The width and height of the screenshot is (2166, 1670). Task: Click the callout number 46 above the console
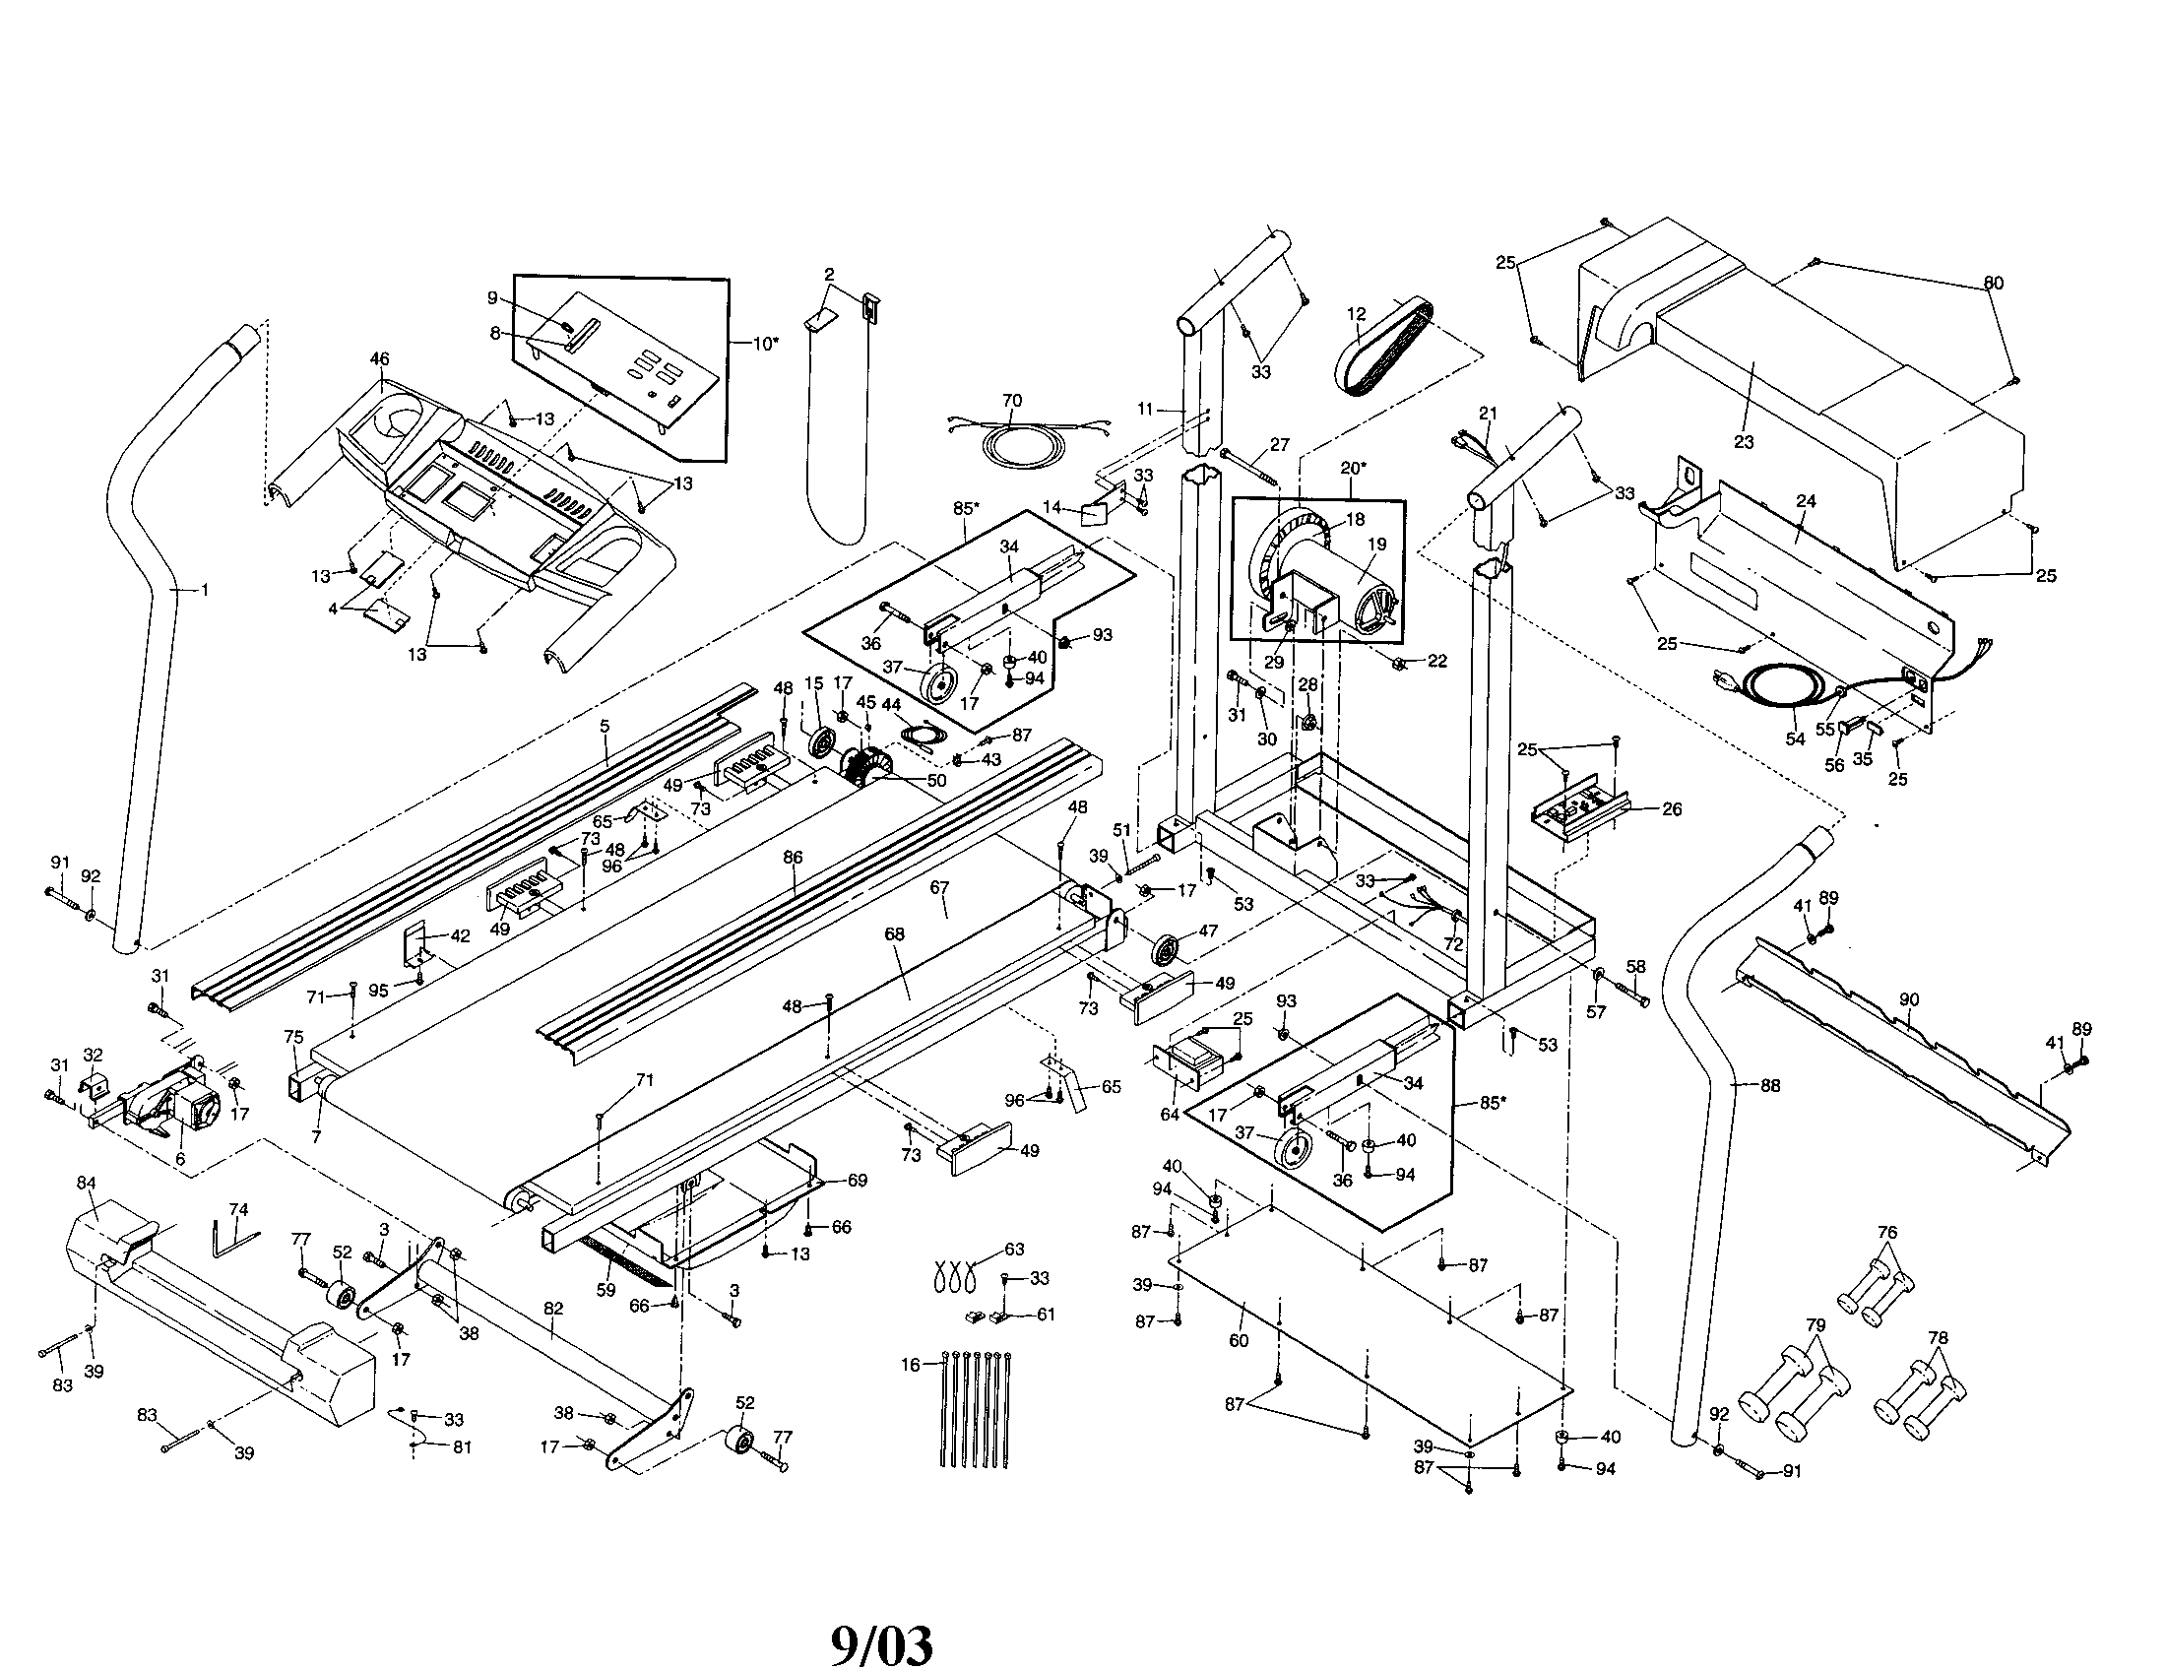coord(380,359)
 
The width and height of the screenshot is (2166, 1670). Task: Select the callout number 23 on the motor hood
coord(1744,442)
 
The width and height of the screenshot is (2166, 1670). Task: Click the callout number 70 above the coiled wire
coord(1011,401)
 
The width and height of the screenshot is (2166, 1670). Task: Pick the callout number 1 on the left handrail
coord(205,590)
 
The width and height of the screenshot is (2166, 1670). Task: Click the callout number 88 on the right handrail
coord(1769,1086)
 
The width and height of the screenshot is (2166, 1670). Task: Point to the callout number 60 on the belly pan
coord(1238,1341)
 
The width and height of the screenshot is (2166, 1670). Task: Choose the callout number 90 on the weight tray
coord(1909,999)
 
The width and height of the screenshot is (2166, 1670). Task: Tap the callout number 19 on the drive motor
coord(1377,545)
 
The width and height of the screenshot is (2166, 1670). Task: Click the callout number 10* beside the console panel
coord(765,344)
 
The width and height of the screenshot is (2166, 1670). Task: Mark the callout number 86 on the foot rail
coord(793,857)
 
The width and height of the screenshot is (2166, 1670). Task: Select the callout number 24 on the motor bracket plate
coord(1806,502)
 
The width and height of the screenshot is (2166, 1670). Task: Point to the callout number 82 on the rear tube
coord(553,1309)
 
